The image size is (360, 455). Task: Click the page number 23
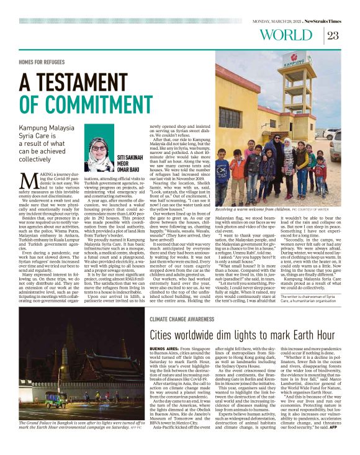[x=333, y=35]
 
